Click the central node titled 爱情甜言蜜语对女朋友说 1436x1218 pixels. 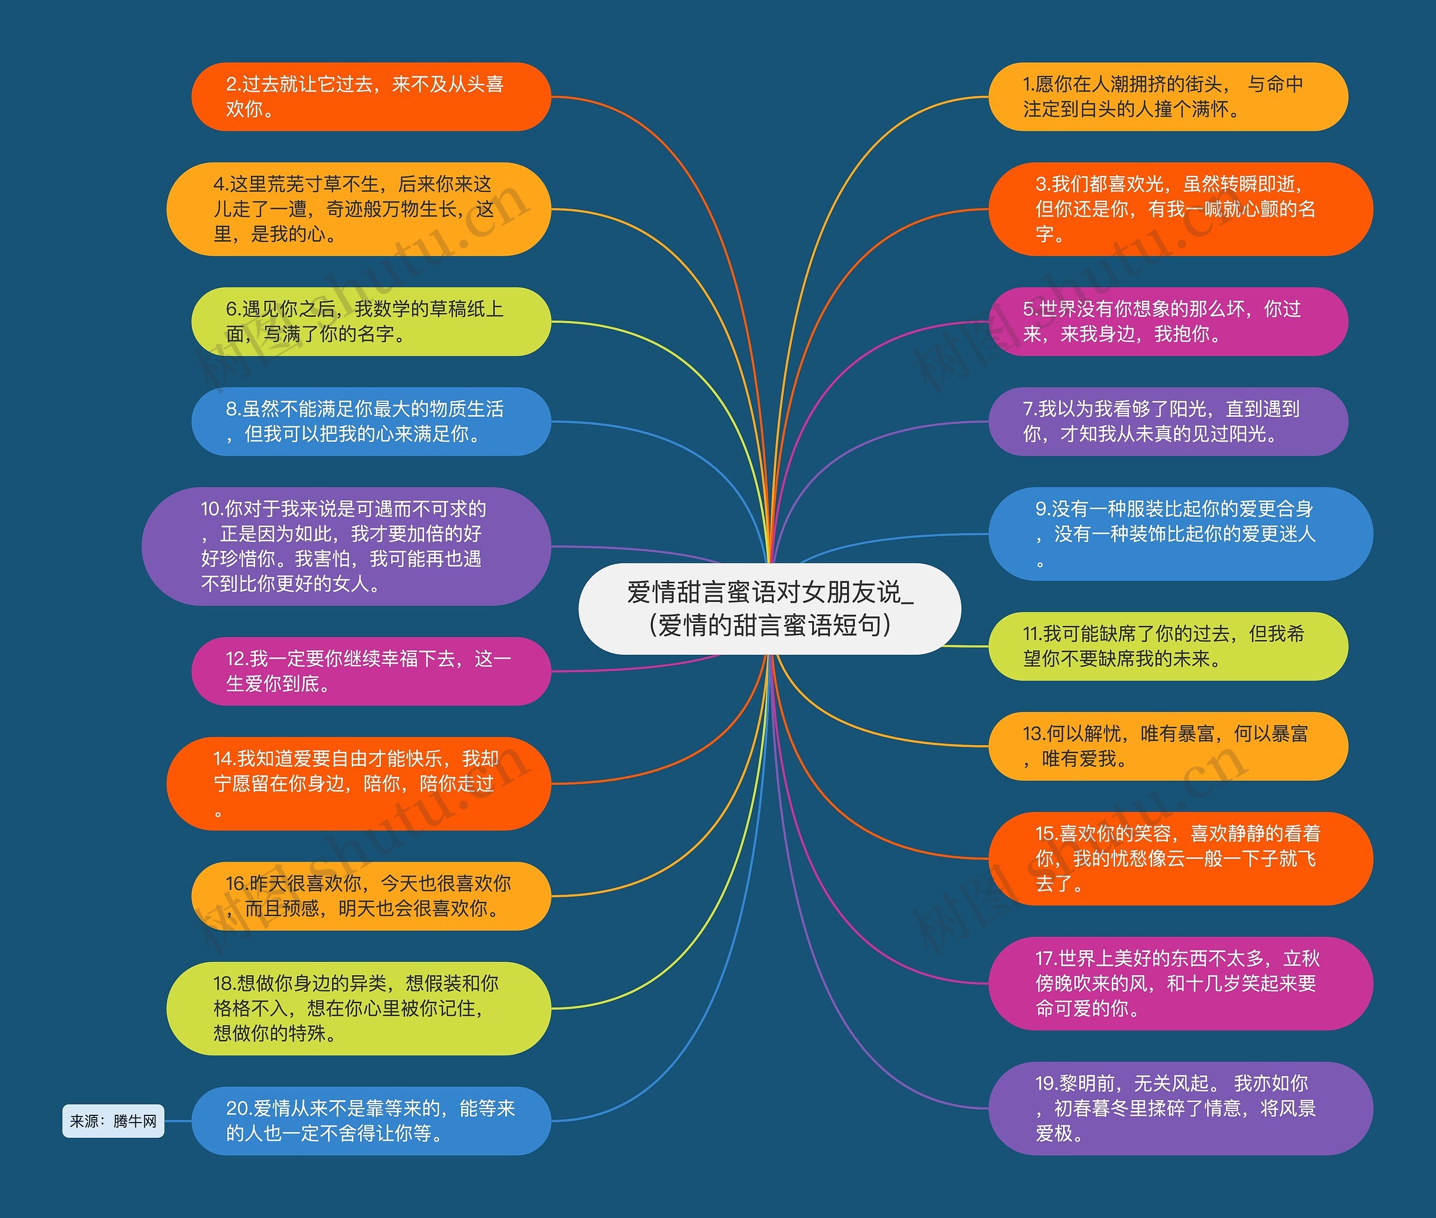[769, 608]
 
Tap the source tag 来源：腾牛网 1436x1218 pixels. [113, 1120]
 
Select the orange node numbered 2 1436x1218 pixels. [371, 96]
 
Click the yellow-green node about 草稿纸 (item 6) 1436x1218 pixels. [371, 322]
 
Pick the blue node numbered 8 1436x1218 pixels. [371, 421]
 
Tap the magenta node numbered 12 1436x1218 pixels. [371, 671]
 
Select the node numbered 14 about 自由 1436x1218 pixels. [358, 784]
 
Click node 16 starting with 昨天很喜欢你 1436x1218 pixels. [371, 896]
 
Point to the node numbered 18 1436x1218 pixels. [358, 1008]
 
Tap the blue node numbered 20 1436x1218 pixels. [371, 1120]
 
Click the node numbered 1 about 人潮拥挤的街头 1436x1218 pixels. [1168, 96]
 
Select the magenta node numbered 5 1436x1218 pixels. [1168, 322]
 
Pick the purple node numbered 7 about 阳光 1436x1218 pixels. [1168, 421]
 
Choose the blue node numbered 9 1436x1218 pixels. [1181, 534]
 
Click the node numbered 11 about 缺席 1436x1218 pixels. [1168, 646]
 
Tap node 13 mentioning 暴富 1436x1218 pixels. [1168, 746]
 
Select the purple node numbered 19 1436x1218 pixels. [1181, 1108]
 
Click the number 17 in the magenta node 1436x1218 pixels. [1046, 958]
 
